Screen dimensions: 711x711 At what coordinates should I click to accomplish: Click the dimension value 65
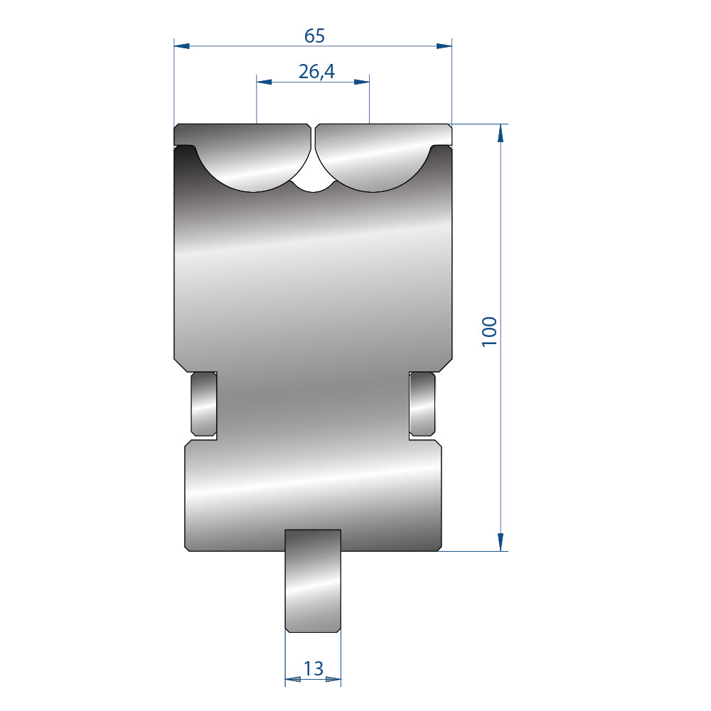click(314, 36)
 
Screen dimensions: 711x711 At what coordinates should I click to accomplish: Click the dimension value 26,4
click(316, 72)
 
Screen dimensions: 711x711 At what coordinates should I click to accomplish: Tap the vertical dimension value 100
click(489, 331)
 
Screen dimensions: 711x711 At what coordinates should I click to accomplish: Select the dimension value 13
click(314, 668)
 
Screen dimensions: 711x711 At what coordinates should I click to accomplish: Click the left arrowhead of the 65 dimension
click(182, 46)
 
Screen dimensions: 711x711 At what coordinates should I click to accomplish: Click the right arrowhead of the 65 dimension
click(444, 46)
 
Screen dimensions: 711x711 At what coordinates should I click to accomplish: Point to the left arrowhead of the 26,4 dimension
click(264, 82)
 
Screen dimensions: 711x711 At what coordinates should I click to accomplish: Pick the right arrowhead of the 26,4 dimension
click(361, 82)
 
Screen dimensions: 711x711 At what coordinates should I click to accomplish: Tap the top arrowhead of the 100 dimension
click(501, 132)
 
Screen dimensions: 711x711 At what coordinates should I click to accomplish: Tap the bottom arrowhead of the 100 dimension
click(501, 542)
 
